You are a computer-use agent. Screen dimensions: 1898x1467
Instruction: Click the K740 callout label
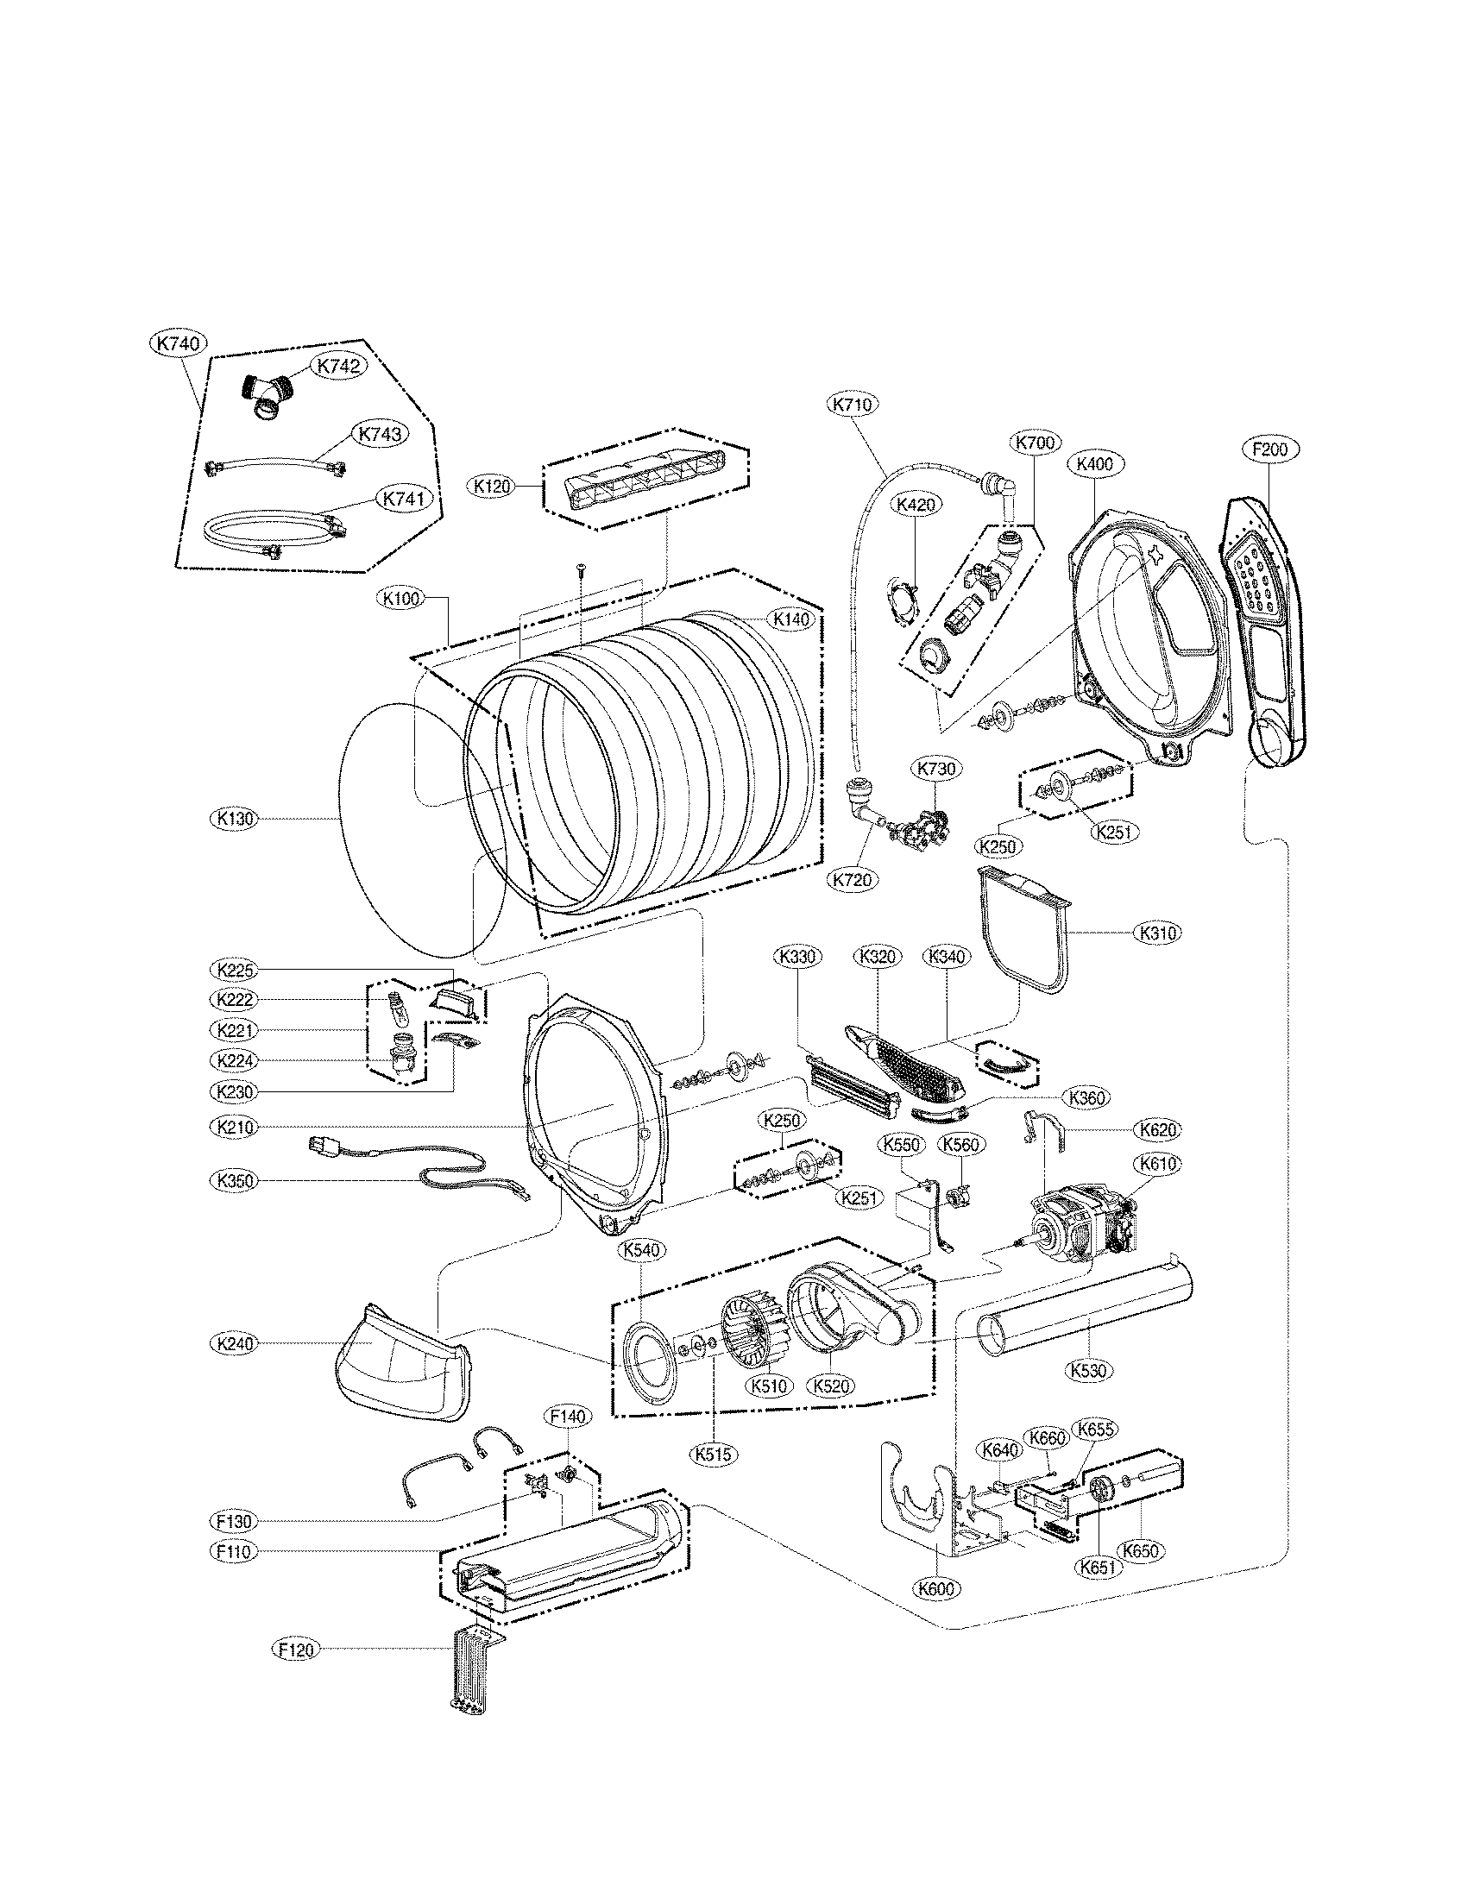(x=178, y=343)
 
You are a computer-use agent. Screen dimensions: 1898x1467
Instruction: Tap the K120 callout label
(x=492, y=486)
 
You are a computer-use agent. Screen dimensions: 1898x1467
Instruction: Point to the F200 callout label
(x=1269, y=449)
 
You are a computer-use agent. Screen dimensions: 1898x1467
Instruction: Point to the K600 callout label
(x=937, y=1588)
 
